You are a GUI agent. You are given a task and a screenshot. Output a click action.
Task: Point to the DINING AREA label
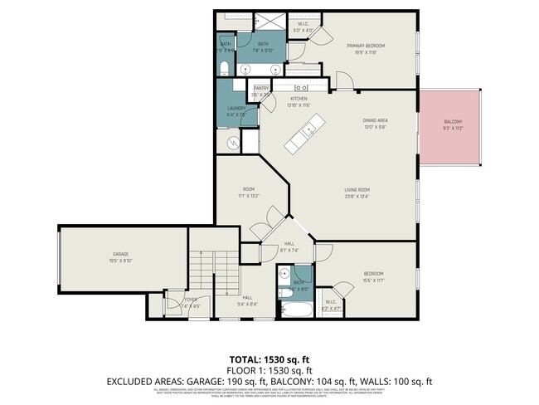point(376,121)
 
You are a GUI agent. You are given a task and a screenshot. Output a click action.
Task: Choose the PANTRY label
point(261,87)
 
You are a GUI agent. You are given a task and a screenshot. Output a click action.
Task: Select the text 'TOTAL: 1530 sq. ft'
point(269,359)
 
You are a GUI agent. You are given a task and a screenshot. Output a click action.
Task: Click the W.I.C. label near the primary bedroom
point(304,24)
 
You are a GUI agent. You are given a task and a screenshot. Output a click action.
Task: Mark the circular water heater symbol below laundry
point(234,143)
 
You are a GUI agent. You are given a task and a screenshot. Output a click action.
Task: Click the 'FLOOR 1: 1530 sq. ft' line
point(269,369)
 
